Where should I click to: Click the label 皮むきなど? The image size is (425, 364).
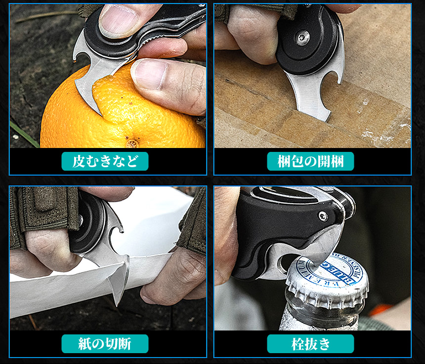tap(105, 161)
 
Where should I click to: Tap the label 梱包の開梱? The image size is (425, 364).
tap(311, 161)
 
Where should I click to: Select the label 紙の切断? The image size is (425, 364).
tap(105, 344)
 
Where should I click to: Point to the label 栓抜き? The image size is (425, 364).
tap(311, 344)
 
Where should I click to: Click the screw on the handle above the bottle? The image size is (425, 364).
tap(323, 217)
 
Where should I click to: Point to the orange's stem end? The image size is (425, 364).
tap(132, 144)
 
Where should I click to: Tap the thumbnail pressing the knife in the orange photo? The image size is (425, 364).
tap(119, 20)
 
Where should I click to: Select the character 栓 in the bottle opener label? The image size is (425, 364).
tap(298, 344)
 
